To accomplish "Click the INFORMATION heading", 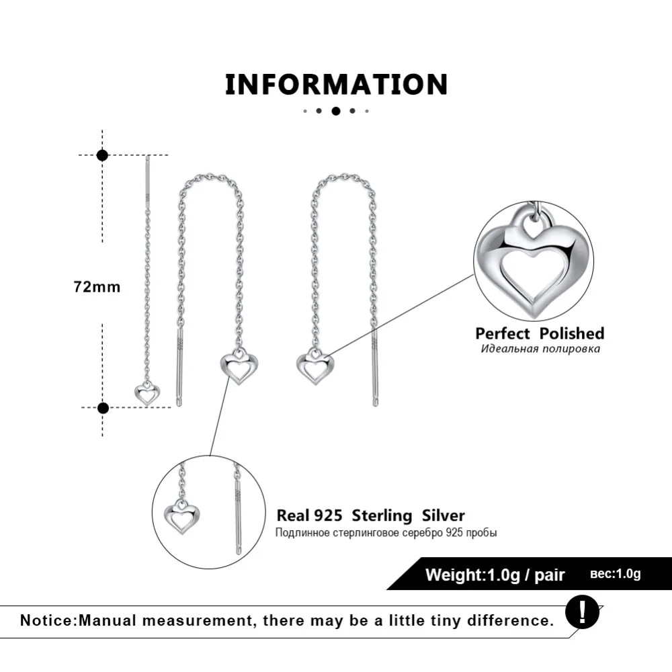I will tap(336, 85).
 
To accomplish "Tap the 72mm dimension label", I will tap(97, 287).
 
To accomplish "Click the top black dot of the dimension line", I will tap(102, 155).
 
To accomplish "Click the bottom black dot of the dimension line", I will tap(103, 407).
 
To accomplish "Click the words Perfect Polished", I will tap(540, 333).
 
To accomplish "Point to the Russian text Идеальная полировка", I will tap(540, 349).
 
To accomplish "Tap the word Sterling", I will tap(382, 516).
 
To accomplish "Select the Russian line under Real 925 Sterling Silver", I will tap(386, 533).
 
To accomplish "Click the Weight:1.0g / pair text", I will tap(495, 575).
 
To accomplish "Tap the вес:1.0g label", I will tap(615, 574).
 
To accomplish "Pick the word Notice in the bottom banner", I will tap(47, 620).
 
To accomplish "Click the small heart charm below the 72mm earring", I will tap(144, 392).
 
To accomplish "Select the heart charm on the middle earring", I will tap(235, 368).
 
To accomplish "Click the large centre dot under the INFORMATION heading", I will tap(336, 111).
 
